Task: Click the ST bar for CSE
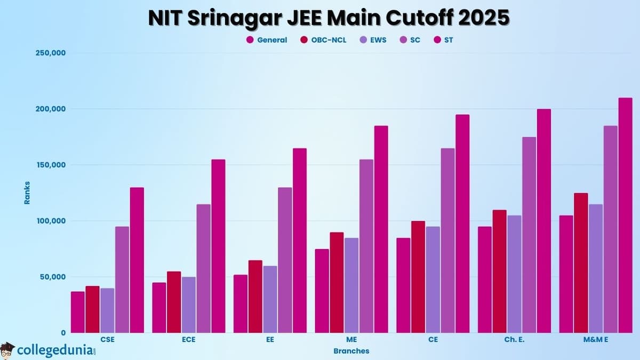click(137, 260)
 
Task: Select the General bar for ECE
click(159, 307)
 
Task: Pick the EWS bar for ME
click(351, 285)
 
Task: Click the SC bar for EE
click(285, 260)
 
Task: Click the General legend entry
click(267, 40)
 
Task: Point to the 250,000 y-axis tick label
click(50, 53)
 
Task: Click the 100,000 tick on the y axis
click(50, 221)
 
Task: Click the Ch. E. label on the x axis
click(514, 340)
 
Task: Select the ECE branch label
click(188, 340)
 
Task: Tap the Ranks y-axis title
click(27, 193)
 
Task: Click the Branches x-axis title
click(351, 351)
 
